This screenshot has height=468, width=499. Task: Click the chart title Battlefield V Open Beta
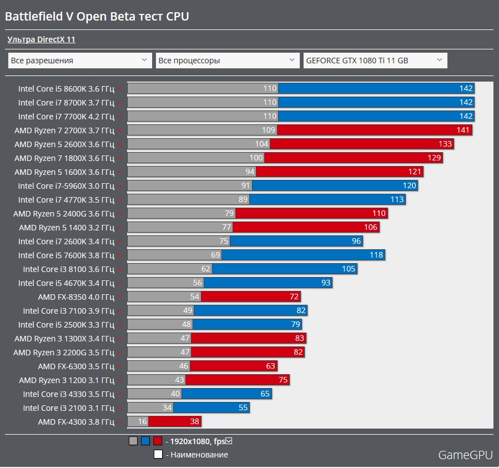click(97, 17)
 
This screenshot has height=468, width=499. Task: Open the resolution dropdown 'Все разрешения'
click(79, 61)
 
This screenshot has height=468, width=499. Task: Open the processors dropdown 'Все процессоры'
click(228, 61)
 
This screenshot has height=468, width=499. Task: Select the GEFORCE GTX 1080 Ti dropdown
click(375, 61)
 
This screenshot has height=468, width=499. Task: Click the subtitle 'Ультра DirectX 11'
click(41, 39)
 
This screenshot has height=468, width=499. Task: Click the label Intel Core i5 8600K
click(66, 88)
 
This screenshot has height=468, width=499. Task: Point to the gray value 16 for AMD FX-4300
click(142, 421)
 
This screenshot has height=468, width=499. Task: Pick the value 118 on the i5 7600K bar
click(376, 255)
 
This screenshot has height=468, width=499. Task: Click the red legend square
click(158, 441)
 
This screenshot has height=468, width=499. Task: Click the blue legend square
click(145, 441)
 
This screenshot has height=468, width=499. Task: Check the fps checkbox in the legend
click(229, 441)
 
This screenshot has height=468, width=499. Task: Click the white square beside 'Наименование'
click(158, 455)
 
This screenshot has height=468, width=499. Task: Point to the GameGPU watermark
click(465, 455)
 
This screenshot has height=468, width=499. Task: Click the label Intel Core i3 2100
click(68, 407)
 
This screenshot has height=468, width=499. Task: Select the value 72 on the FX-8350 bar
click(294, 296)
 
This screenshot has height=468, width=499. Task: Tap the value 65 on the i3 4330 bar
click(264, 394)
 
